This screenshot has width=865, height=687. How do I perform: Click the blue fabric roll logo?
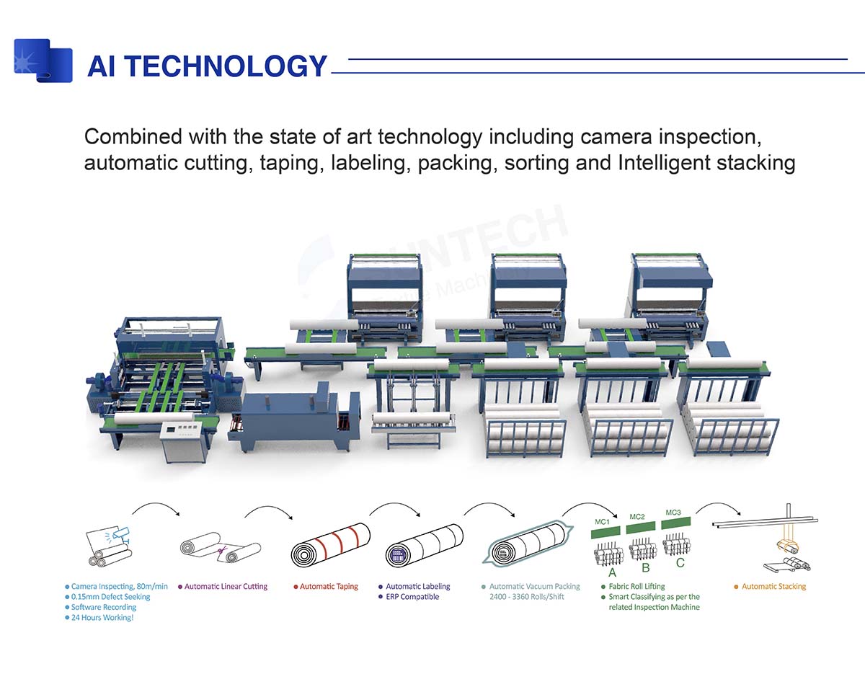43,61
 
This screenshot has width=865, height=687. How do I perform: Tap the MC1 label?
602,521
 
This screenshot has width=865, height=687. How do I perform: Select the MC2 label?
637,517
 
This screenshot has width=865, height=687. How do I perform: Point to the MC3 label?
673,513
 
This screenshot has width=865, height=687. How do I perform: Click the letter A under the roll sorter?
612,572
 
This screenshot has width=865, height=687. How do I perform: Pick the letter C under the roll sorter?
680,563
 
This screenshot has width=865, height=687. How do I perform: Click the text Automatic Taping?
329,587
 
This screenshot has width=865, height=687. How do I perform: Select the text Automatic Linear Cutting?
226,587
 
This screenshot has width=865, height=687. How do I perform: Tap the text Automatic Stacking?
773,587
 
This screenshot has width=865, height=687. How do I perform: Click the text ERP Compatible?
412,597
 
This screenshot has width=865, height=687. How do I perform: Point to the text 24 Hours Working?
102,618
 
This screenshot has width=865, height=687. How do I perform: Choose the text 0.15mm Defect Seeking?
110,597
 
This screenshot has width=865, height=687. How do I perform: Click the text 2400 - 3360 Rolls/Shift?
526,597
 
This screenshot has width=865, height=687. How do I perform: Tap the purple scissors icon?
222,551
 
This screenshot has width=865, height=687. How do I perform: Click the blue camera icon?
120,533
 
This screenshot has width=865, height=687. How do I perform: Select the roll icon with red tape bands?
330,545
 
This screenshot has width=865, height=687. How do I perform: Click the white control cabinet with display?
183,442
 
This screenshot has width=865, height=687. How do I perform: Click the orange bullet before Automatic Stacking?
736,587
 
